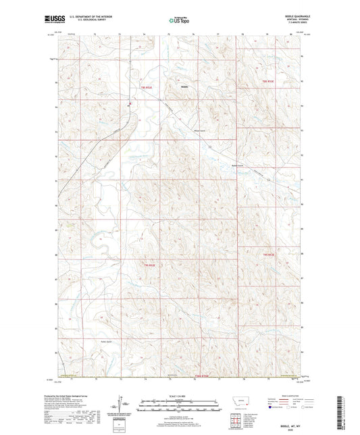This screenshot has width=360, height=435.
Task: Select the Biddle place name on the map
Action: point(184,86)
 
